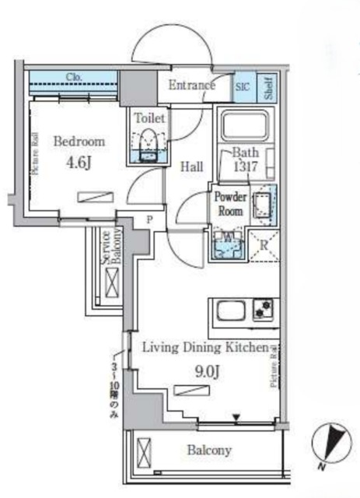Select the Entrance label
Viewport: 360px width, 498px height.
coord(190,86)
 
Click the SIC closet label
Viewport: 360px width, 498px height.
coord(243,87)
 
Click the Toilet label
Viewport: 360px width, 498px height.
coord(149,120)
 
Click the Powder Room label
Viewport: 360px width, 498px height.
coord(229,204)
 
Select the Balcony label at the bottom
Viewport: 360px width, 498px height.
coord(209,450)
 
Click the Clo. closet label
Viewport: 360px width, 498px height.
coord(75,77)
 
